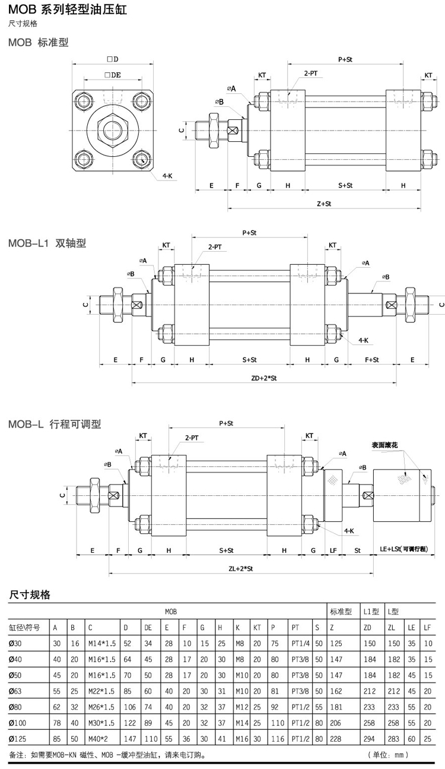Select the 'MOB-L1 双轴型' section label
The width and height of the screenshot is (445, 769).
[47, 243]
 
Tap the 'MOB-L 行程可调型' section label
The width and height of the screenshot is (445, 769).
[55, 424]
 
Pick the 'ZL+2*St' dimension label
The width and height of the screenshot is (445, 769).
[241, 568]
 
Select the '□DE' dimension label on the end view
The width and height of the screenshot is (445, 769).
[112, 75]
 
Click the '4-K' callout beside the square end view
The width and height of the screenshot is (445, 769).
[167, 176]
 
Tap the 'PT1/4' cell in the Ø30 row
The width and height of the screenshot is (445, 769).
[299, 644]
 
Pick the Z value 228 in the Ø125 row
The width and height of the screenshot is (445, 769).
[336, 738]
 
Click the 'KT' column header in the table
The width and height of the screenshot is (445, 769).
[257, 627]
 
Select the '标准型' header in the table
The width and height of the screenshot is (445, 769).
[341, 611]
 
